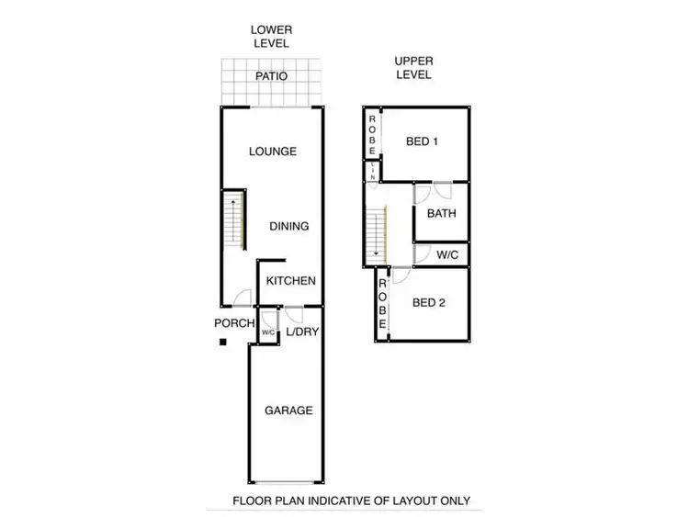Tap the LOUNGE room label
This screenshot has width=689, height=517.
pyautogui.click(x=273, y=152)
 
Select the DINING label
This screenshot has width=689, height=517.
pyautogui.click(x=289, y=226)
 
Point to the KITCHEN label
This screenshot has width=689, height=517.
pyautogui.click(x=291, y=282)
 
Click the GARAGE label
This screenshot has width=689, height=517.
pyautogui.click(x=289, y=410)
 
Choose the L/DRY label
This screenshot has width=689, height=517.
pyautogui.click(x=302, y=332)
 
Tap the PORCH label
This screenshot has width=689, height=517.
pyautogui.click(x=233, y=323)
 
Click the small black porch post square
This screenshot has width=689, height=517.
pyautogui.click(x=223, y=343)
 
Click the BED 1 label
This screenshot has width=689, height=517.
pyautogui.click(x=423, y=141)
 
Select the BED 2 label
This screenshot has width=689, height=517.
pyautogui.click(x=428, y=302)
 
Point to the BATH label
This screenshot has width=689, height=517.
pyautogui.click(x=441, y=214)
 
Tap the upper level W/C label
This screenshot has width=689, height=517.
pyautogui.click(x=448, y=254)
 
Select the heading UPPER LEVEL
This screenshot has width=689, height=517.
pyautogui.click(x=413, y=67)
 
